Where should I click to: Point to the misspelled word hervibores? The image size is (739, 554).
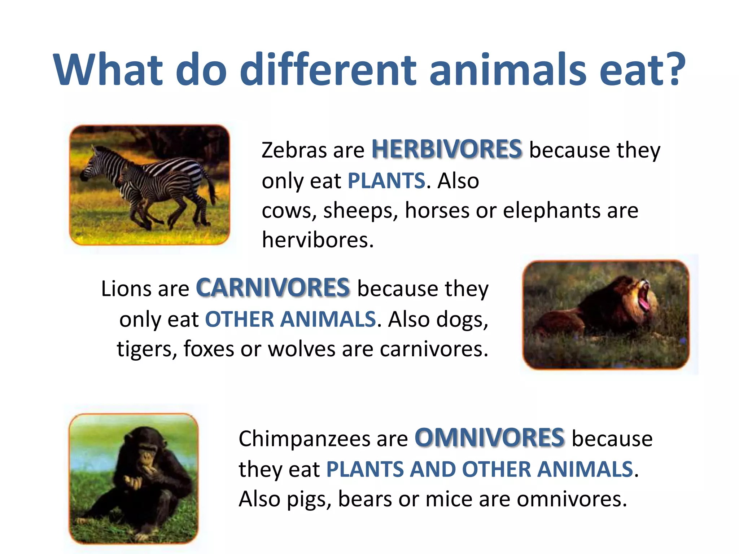[318, 240]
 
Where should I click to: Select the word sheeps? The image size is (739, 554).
[360, 210]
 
